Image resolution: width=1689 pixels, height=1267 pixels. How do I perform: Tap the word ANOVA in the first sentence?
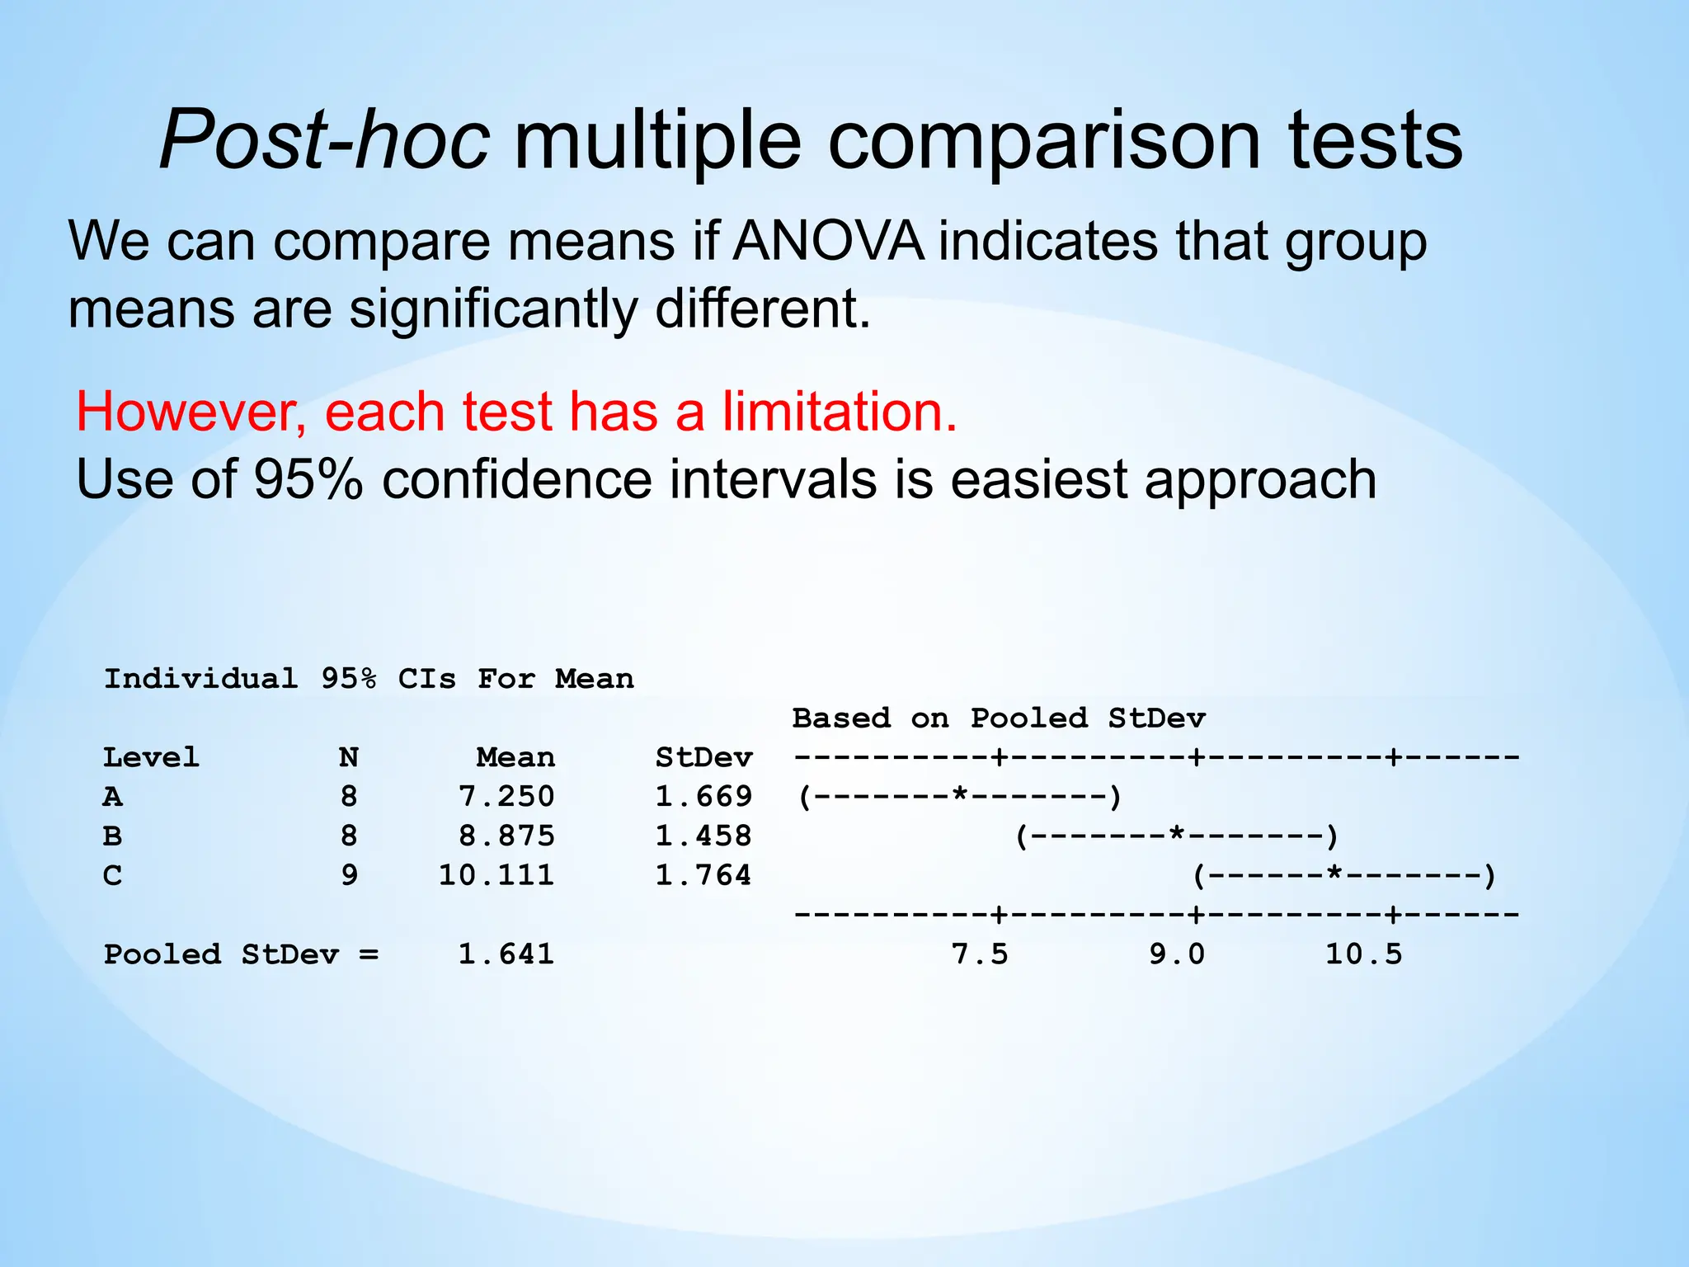[x=828, y=242]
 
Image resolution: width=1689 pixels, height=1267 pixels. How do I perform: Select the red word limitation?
[x=840, y=412]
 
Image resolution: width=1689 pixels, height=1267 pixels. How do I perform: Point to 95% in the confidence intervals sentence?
[x=308, y=479]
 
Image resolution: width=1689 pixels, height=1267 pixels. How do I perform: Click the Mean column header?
[x=515, y=757]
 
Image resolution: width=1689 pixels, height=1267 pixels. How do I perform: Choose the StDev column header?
[x=703, y=757]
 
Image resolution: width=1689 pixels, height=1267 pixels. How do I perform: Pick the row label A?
[x=113, y=797]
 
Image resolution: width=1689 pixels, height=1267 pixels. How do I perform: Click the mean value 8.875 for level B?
[x=506, y=836]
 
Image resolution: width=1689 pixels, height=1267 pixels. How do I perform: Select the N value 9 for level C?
[x=350, y=875]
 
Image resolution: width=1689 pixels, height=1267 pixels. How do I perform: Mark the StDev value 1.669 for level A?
[x=703, y=797]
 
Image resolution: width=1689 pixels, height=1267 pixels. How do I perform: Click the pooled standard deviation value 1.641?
[x=506, y=954]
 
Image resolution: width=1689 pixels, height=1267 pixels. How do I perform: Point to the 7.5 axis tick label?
[x=980, y=954]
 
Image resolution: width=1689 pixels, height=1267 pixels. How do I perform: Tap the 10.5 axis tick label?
[x=1363, y=954]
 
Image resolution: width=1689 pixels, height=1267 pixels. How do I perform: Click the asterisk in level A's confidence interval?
[x=959, y=794]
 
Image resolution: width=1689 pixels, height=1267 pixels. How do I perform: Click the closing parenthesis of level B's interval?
[x=1331, y=836]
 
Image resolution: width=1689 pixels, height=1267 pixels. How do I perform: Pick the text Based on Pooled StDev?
[x=999, y=718]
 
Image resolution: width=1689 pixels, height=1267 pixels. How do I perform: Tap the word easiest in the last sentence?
[x=1038, y=479]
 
